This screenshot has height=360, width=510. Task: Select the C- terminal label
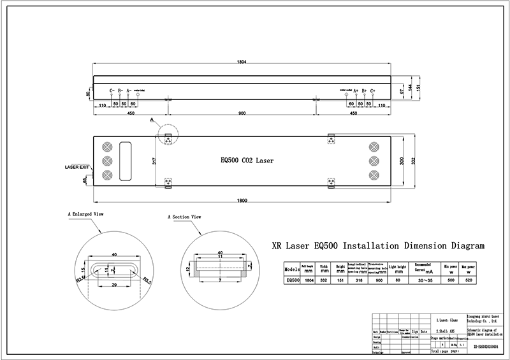(112, 91)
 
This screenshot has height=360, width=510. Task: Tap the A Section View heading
(185, 217)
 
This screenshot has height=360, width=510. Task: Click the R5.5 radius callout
(146, 278)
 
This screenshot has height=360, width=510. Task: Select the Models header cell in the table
(291, 268)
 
